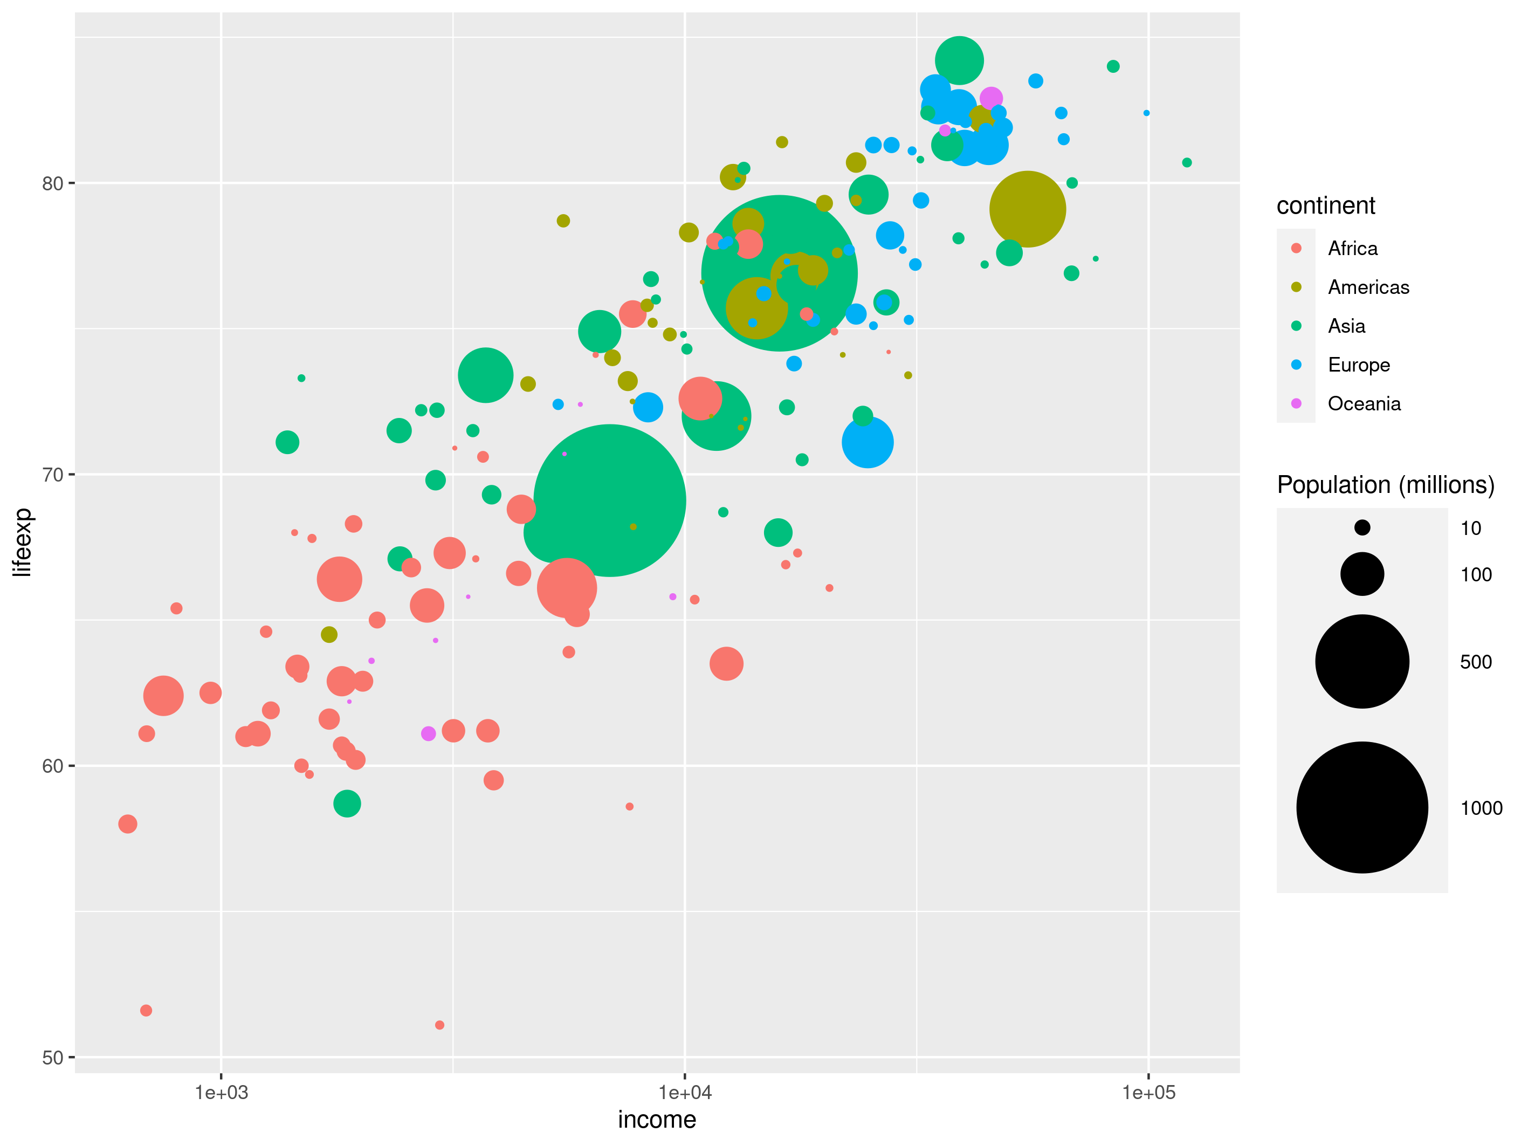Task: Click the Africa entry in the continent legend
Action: pyautogui.click(x=1352, y=249)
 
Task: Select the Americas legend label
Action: pyautogui.click(x=1368, y=287)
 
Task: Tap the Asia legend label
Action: pyautogui.click(x=1346, y=326)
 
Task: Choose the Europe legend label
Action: pyautogui.click(x=1358, y=365)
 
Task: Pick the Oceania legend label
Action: pyautogui.click(x=1364, y=403)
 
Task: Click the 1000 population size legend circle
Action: pyautogui.click(x=1361, y=807)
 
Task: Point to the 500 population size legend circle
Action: pyautogui.click(x=1361, y=661)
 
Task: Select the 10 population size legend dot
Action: pyautogui.click(x=1361, y=528)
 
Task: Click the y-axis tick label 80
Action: pyautogui.click(x=52, y=184)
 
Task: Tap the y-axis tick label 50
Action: pyautogui.click(x=52, y=1058)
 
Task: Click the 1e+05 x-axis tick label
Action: pyautogui.click(x=1148, y=1092)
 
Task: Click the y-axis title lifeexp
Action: pyautogui.click(x=22, y=543)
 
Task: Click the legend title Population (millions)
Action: pyautogui.click(x=1385, y=485)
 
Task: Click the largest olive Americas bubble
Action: pyautogui.click(x=1027, y=209)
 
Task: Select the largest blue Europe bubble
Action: pyautogui.click(x=868, y=442)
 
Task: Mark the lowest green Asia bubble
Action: pyautogui.click(x=347, y=804)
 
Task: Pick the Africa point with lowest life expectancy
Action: pyautogui.click(x=439, y=1025)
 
